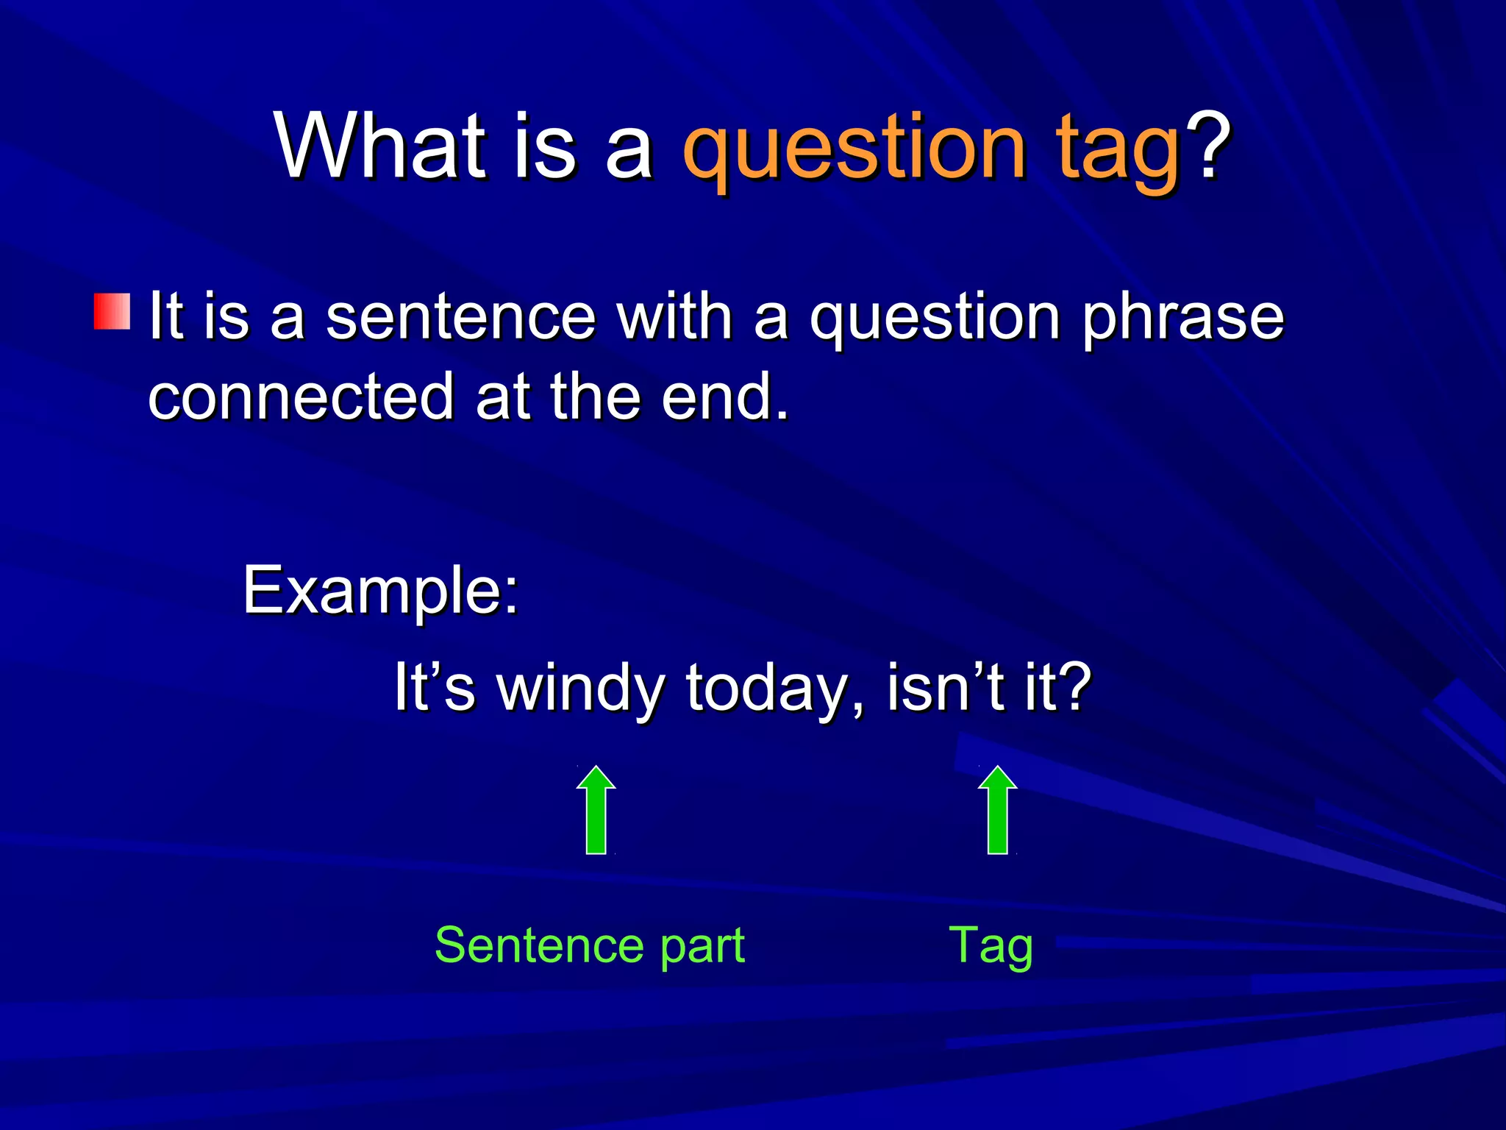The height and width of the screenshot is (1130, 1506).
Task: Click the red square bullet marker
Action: pyautogui.click(x=113, y=311)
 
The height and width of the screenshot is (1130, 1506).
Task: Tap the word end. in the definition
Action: pyautogui.click(x=725, y=397)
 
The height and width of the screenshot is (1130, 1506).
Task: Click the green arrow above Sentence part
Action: pyautogui.click(x=596, y=810)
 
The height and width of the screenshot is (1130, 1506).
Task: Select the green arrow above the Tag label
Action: pyautogui.click(x=997, y=810)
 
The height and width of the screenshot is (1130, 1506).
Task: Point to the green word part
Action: pyautogui.click(x=702, y=950)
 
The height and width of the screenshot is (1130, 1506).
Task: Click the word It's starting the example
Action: pyautogui.click(x=435, y=686)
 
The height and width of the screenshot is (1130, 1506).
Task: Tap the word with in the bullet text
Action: pyautogui.click(x=674, y=316)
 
